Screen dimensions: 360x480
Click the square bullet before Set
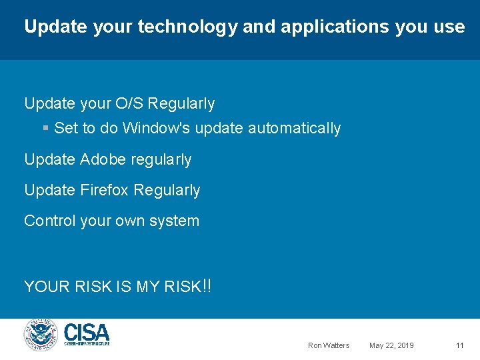(x=45, y=128)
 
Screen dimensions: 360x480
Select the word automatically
(x=294, y=128)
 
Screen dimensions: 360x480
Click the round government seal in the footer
(x=41, y=335)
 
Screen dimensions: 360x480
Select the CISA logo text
(x=87, y=332)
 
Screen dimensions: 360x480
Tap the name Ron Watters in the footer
(x=328, y=345)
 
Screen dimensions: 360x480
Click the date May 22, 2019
(x=391, y=345)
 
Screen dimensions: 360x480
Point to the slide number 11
(x=459, y=345)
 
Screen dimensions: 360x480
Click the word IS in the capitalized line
(x=123, y=287)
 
